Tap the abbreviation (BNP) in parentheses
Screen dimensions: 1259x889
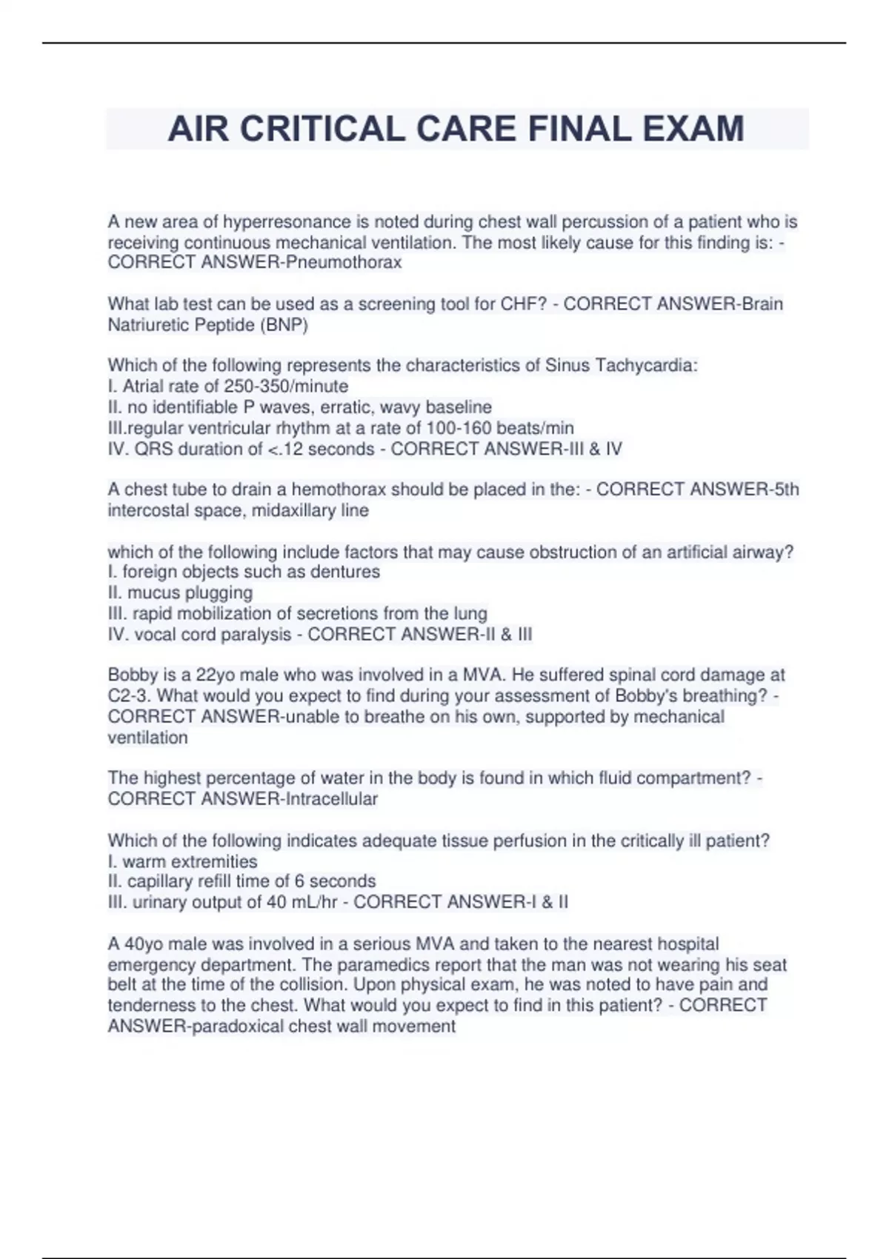284,324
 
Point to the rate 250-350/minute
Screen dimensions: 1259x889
286,386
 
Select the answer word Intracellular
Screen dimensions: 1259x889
330,799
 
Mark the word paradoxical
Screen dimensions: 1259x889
238,1026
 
